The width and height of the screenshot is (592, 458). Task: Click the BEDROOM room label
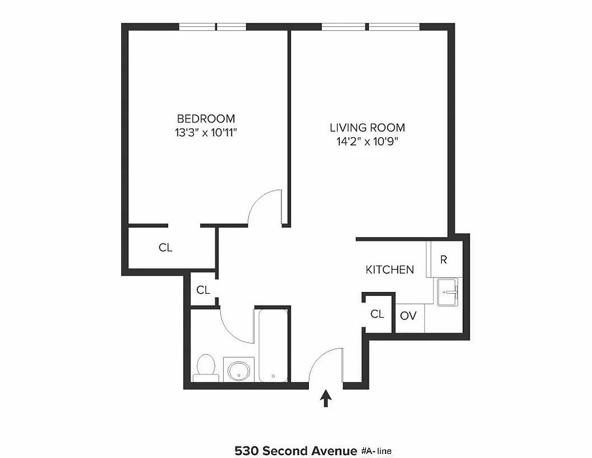(x=206, y=119)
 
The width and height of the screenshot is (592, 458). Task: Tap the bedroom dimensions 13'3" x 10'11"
(x=206, y=133)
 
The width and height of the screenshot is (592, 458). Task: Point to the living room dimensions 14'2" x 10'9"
(x=367, y=141)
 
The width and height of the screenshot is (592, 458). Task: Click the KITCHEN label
(x=390, y=269)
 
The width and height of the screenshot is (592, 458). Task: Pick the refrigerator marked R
(x=443, y=259)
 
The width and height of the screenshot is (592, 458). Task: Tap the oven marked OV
(x=408, y=315)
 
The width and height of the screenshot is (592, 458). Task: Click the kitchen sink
(x=449, y=292)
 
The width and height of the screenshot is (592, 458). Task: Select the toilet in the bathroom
(x=205, y=367)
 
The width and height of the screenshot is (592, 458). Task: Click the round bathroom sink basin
(x=239, y=370)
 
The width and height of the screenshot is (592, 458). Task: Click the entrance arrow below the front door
(x=327, y=397)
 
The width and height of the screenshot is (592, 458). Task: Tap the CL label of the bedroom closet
(x=165, y=248)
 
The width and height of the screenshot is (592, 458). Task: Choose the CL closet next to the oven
(x=377, y=314)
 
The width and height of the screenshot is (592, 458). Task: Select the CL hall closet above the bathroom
(x=203, y=290)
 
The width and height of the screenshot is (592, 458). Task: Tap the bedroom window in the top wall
(x=213, y=26)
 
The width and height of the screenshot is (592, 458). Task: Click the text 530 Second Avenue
(x=296, y=451)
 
